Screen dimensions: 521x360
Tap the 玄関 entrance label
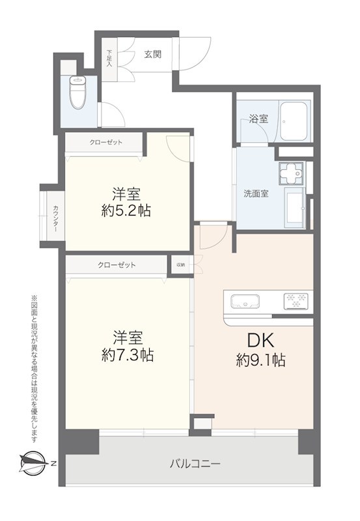coord(152,55)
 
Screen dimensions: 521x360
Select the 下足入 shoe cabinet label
coord(109,59)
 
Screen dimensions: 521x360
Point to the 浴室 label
coord(258,119)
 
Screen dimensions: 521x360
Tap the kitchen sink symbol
coord(245,302)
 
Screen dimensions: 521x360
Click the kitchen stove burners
coord(298,302)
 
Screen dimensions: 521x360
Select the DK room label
coord(260,340)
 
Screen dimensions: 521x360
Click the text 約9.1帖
coord(260,360)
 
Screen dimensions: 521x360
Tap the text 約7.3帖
coord(127,356)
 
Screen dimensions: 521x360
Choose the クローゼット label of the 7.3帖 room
coord(117,265)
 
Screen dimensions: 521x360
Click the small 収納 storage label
coord(180,265)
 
